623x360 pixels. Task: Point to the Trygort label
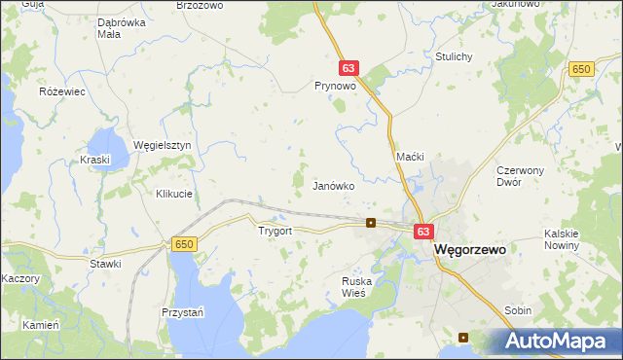(x=275, y=232)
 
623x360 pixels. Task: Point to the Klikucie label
(x=174, y=194)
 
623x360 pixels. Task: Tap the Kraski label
(x=96, y=159)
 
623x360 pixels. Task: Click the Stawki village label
(x=104, y=264)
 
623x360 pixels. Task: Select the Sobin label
(x=518, y=310)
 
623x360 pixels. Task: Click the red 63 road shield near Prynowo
(x=350, y=68)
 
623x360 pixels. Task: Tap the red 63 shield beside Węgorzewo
(x=422, y=232)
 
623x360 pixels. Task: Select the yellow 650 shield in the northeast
(x=582, y=68)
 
